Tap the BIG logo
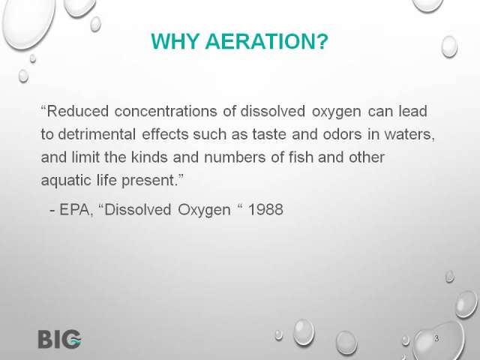(x=60, y=339)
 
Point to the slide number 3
(x=436, y=338)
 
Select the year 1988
(x=265, y=210)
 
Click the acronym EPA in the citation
(x=75, y=210)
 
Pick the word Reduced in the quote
(x=78, y=111)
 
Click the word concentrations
(x=166, y=111)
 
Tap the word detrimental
(x=97, y=134)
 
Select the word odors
(x=342, y=134)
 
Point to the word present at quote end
(x=148, y=181)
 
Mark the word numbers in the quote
(x=235, y=157)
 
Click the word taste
(x=269, y=134)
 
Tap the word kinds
(x=149, y=157)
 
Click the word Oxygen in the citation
(x=204, y=210)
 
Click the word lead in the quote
(x=412, y=111)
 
